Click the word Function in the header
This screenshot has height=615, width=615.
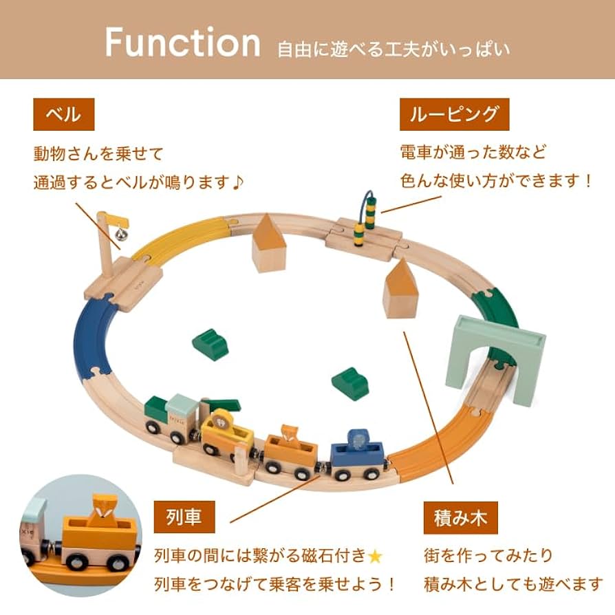pos(182,43)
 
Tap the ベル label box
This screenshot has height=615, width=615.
pos(63,114)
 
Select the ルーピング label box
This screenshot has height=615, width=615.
pos(454,114)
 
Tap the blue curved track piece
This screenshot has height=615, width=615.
pos(96,336)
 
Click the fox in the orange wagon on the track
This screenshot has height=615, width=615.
pos(292,435)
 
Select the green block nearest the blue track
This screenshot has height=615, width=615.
pos(211,344)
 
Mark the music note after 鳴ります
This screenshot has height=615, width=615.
pos(238,183)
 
